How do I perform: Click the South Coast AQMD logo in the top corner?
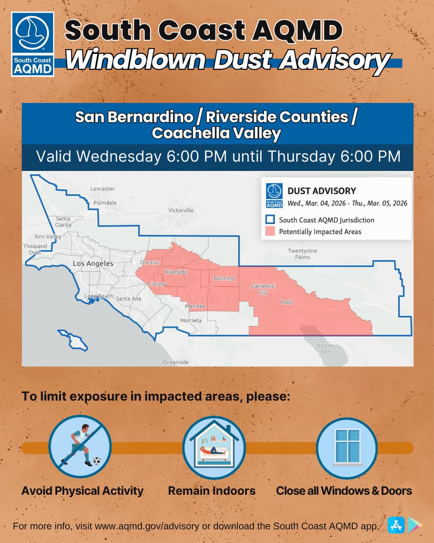pyautogui.click(x=33, y=44)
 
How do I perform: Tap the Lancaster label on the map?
pyautogui.click(x=103, y=189)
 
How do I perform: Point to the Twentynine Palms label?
pyautogui.click(x=302, y=254)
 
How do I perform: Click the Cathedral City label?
pyautogui.click(x=263, y=289)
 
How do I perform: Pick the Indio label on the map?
pyautogui.click(x=287, y=302)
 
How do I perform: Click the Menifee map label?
pyautogui.click(x=195, y=307)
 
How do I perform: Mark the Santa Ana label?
pyautogui.click(x=129, y=299)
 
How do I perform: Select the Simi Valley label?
pyautogui.click(x=48, y=237)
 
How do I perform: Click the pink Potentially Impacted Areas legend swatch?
pyautogui.click(x=269, y=232)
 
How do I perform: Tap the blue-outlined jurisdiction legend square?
pyautogui.click(x=269, y=220)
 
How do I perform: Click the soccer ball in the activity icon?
pyautogui.click(x=96, y=461)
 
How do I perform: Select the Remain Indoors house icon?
pyautogui.click(x=213, y=448)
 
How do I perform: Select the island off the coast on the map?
pyautogui.click(x=73, y=340)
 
